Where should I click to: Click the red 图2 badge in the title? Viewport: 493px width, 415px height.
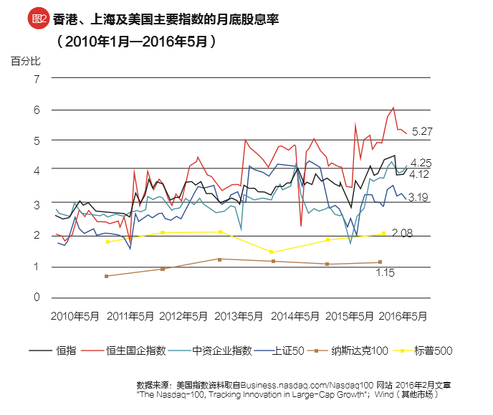click(x=37, y=19)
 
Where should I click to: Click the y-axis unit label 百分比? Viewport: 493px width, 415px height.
click(x=26, y=61)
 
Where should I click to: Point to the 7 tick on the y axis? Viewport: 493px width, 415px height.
click(x=37, y=78)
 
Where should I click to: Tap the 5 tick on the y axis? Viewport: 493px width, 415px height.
click(x=37, y=140)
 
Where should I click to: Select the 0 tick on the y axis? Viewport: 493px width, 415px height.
click(x=37, y=297)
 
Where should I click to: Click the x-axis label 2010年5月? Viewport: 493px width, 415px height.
click(x=76, y=316)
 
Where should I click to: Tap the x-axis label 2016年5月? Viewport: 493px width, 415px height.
click(x=403, y=316)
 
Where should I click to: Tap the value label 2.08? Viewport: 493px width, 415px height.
click(x=403, y=234)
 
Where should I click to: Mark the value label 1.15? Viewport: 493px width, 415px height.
click(x=388, y=272)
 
